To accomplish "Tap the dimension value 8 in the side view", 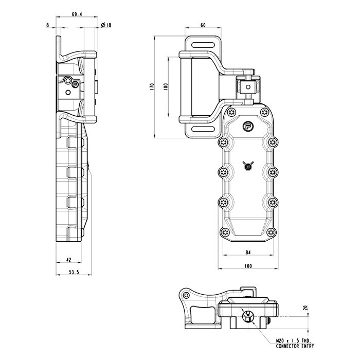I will [48, 25].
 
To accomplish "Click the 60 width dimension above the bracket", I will [203, 25].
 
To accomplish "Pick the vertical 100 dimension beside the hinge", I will [165, 87].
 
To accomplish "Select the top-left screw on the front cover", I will [223, 142].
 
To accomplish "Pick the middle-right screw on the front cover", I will [273, 172].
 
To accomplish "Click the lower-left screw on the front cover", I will [223, 202].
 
